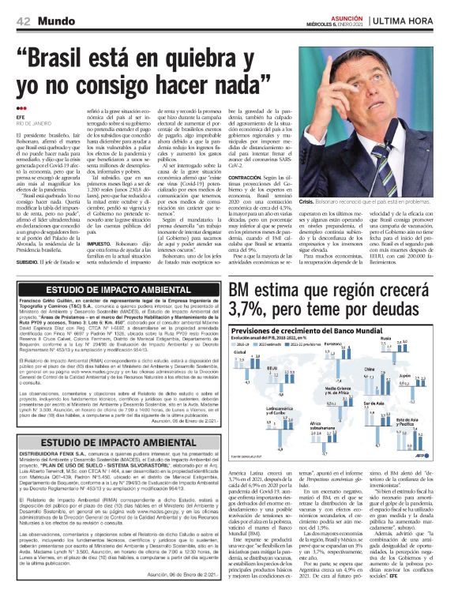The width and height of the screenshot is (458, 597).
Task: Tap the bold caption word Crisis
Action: [310, 203]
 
